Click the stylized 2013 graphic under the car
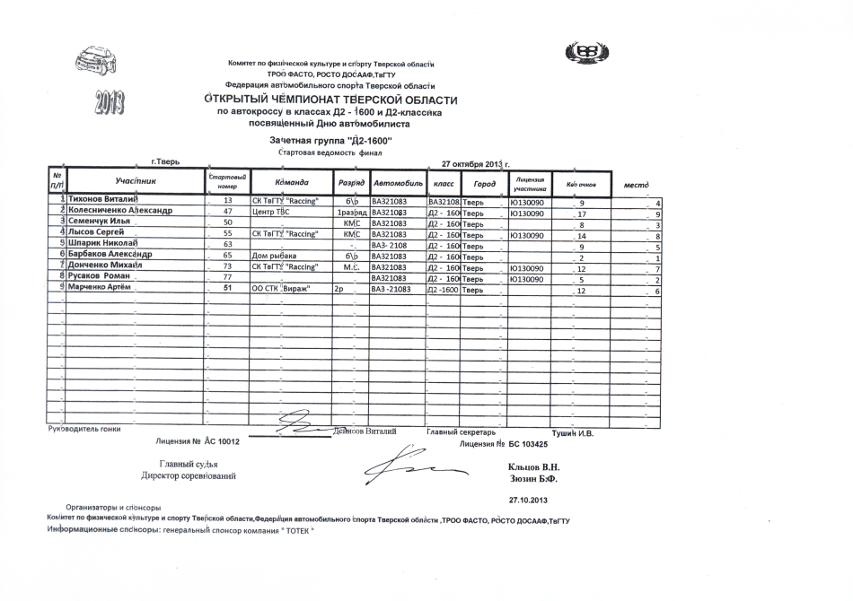(109, 104)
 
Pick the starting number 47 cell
(227, 212)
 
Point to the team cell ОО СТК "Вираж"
(282, 290)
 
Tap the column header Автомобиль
(398, 183)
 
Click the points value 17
(582, 213)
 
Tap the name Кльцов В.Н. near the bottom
(533, 467)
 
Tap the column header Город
(484, 183)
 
